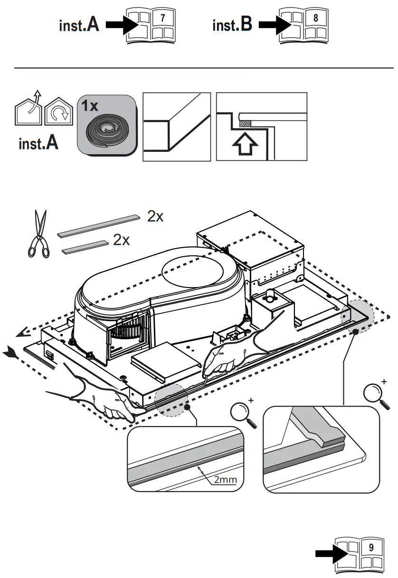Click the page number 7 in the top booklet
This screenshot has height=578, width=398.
162,18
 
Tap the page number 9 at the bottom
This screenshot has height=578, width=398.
371,547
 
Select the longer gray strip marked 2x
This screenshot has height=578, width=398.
100,225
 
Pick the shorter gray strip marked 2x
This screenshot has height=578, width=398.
85,245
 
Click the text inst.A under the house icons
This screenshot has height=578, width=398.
38,144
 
